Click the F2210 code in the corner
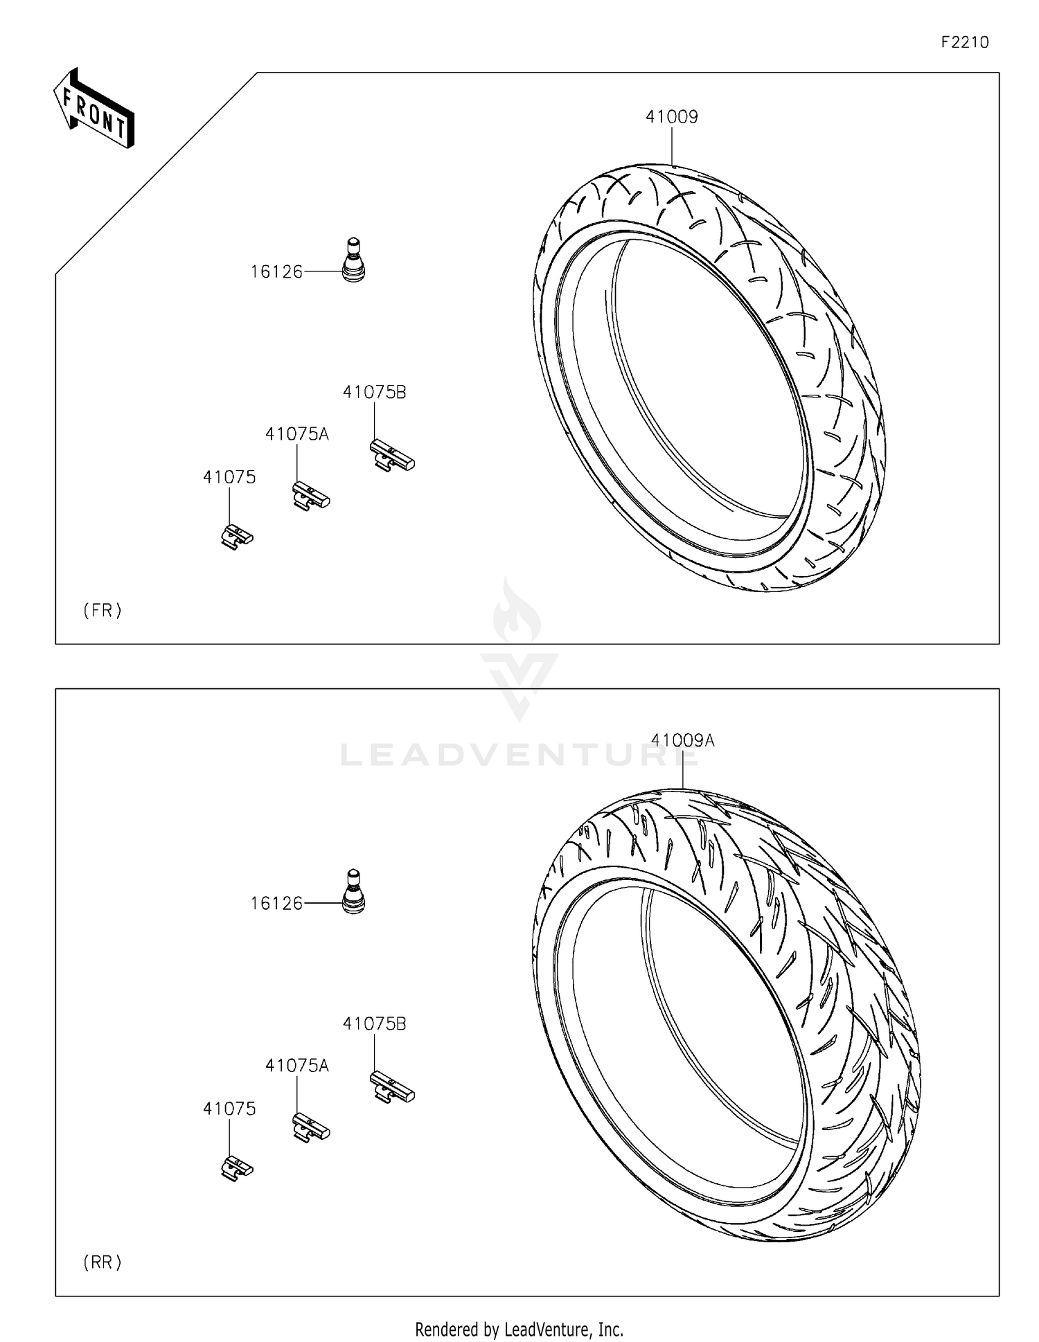tap(964, 42)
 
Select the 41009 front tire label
tap(671, 117)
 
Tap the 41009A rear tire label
tap(682, 740)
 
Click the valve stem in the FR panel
tap(353, 260)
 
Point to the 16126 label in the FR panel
tap(276, 272)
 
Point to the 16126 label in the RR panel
tap(276, 904)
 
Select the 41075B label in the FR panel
tap(374, 392)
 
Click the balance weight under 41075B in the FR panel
tap(391, 456)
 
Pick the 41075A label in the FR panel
tap(296, 434)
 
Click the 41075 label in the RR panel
tap(229, 1109)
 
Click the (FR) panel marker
tap(103, 610)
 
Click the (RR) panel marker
tap(103, 1262)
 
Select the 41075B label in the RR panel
tap(374, 1023)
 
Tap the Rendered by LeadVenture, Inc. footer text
tap(519, 1329)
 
